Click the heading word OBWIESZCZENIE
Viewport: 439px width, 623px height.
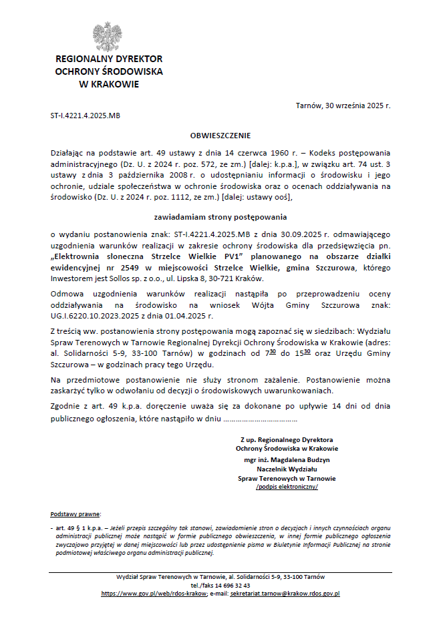(x=220, y=135)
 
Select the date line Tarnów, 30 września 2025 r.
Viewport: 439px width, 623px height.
(x=343, y=106)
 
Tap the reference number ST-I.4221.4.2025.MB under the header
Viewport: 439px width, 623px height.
(x=86, y=116)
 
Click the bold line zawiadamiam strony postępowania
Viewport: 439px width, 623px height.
(x=220, y=217)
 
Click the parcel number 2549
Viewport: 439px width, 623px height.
(x=124, y=268)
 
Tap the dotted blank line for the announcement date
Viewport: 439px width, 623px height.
(x=260, y=421)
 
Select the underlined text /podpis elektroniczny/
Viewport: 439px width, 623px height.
(x=287, y=487)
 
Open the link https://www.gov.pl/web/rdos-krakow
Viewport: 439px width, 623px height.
(x=154, y=593)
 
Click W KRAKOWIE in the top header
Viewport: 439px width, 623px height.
(x=109, y=84)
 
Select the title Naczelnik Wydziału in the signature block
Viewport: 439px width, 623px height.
(x=287, y=469)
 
